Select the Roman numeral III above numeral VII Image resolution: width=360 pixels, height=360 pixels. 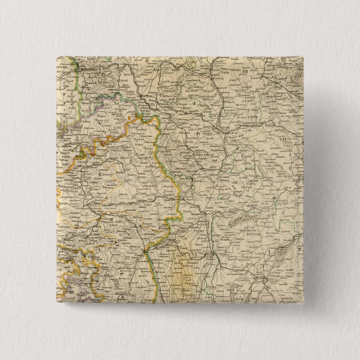pos(245,72)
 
